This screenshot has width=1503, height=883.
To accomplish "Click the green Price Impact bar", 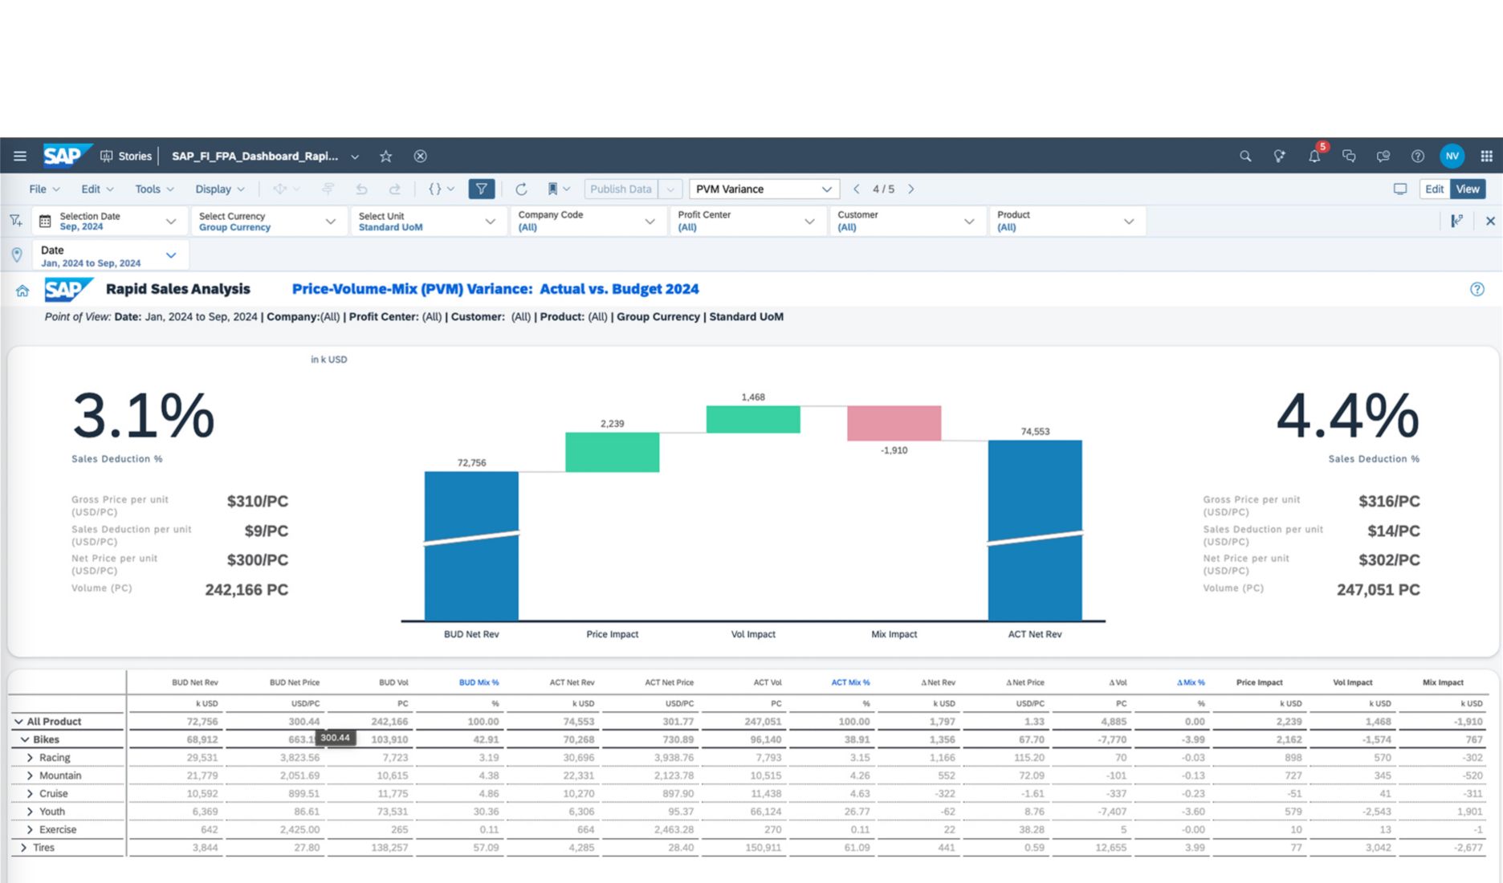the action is (612, 452).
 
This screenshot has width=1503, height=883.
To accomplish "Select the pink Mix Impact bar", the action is (894, 423).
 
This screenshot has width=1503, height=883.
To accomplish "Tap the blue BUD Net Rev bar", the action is (471, 546).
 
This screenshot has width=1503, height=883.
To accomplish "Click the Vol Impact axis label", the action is (753, 634).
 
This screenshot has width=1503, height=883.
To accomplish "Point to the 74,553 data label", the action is (1035, 431).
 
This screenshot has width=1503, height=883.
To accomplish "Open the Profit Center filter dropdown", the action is (747, 221).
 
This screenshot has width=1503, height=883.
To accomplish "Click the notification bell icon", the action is (1314, 156).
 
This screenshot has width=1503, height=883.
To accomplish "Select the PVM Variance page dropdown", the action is (764, 189).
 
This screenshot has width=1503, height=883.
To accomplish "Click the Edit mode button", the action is (1434, 189).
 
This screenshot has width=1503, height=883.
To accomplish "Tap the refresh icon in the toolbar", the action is (521, 189).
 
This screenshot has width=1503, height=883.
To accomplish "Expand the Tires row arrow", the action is (23, 848).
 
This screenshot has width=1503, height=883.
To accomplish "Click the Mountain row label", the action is (60, 775).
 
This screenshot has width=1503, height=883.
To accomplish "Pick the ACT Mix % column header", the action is (850, 682).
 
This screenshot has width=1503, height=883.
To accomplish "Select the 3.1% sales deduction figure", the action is (143, 415).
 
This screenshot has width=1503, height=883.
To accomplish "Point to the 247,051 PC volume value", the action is (1378, 590).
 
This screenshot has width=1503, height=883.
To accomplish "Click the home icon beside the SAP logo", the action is (22, 291).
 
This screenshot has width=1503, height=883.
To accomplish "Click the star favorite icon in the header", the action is (386, 156).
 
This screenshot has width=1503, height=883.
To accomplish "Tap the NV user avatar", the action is (1452, 156).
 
